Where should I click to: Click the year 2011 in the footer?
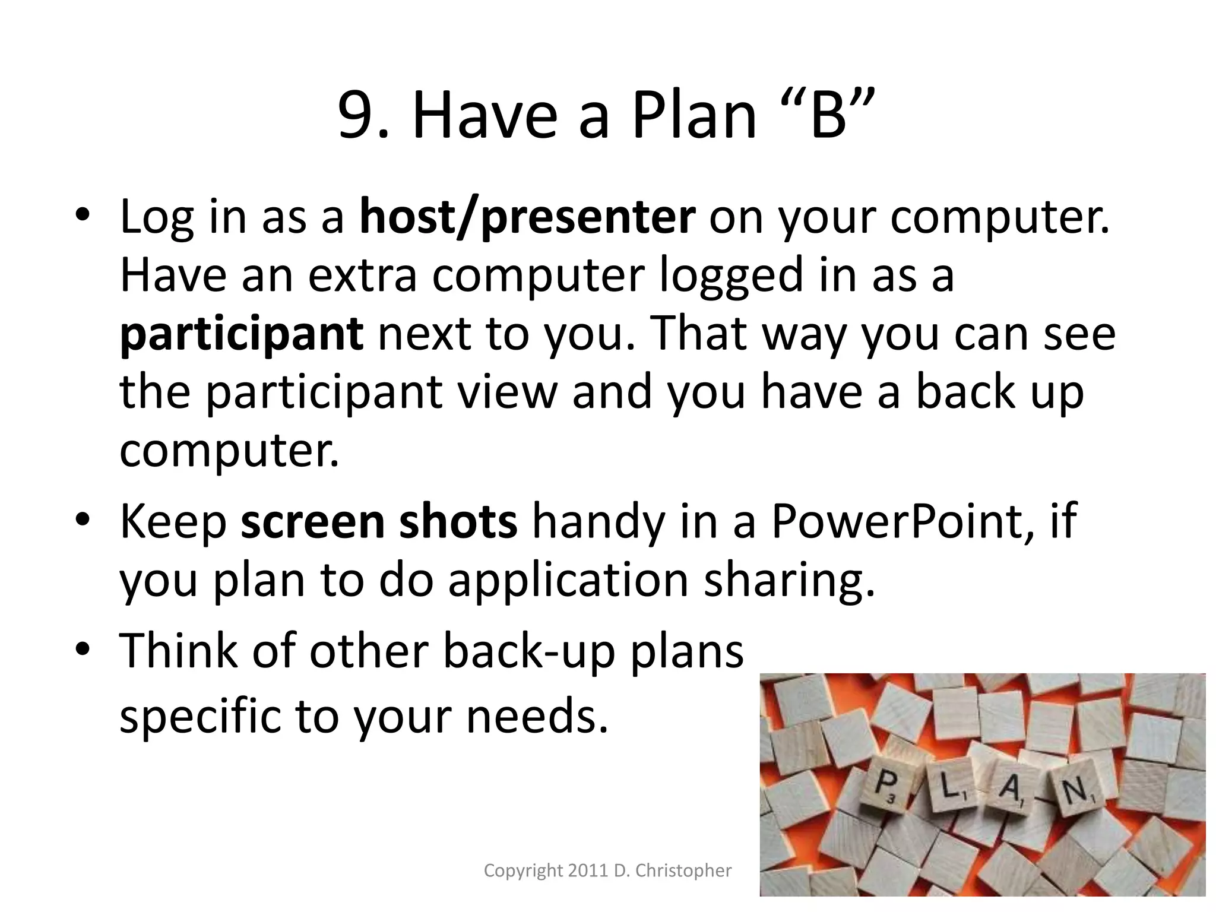coord(588,871)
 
